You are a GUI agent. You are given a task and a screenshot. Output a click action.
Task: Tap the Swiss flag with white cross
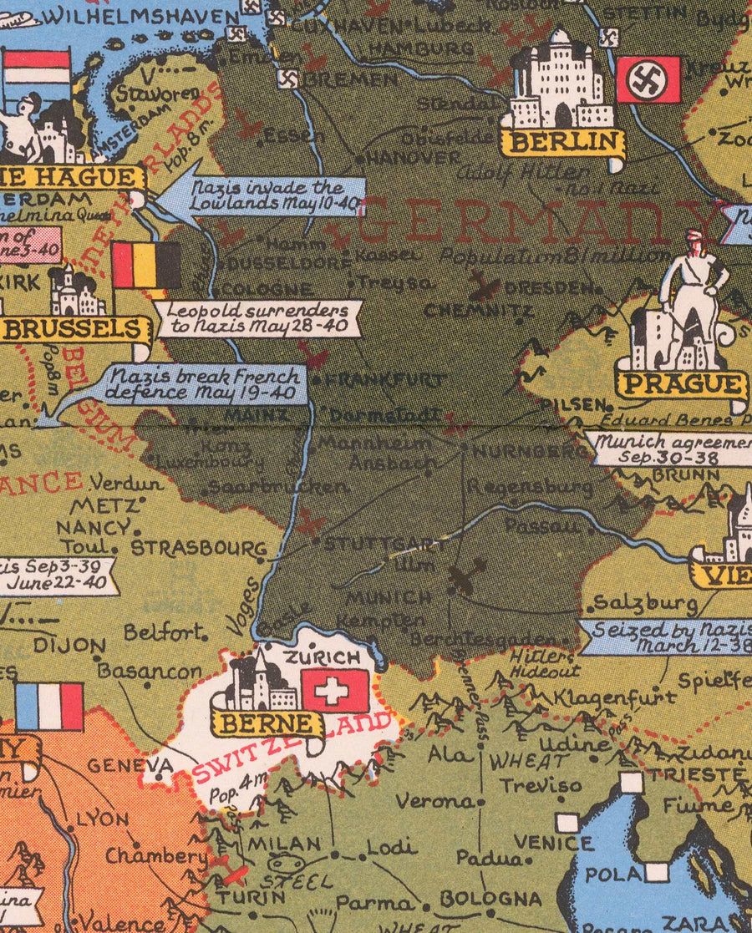click(x=335, y=691)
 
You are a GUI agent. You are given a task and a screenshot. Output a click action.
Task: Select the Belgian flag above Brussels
click(x=146, y=266)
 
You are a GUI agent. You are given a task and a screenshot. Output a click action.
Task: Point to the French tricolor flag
click(x=49, y=706)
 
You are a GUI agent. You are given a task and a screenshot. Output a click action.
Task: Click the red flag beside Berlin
click(x=648, y=79)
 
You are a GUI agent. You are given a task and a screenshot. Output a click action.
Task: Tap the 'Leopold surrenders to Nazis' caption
click(x=258, y=317)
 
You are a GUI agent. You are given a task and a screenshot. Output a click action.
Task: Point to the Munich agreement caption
click(x=668, y=449)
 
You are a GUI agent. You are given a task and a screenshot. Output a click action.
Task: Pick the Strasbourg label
click(x=199, y=549)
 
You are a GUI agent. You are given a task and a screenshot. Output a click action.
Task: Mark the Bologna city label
click(x=490, y=899)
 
